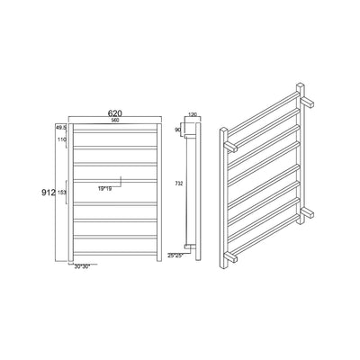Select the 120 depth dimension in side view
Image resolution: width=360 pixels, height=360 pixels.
tap(192, 114)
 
